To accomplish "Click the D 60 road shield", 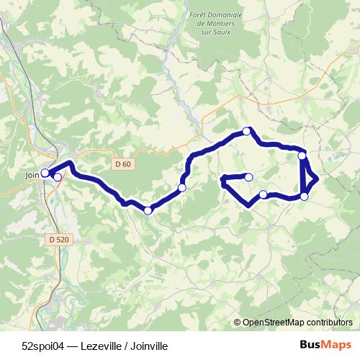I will click(122, 164).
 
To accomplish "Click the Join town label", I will click(32, 174).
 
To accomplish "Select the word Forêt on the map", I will click(197, 15).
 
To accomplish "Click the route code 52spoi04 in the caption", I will click(42, 344).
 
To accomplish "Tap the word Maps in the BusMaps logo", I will click(335, 344).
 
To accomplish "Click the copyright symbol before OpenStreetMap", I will click(238, 323).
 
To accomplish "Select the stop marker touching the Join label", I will click(45, 173).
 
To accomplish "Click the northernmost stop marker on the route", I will click(247, 131).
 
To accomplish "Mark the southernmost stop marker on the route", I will click(148, 210).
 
